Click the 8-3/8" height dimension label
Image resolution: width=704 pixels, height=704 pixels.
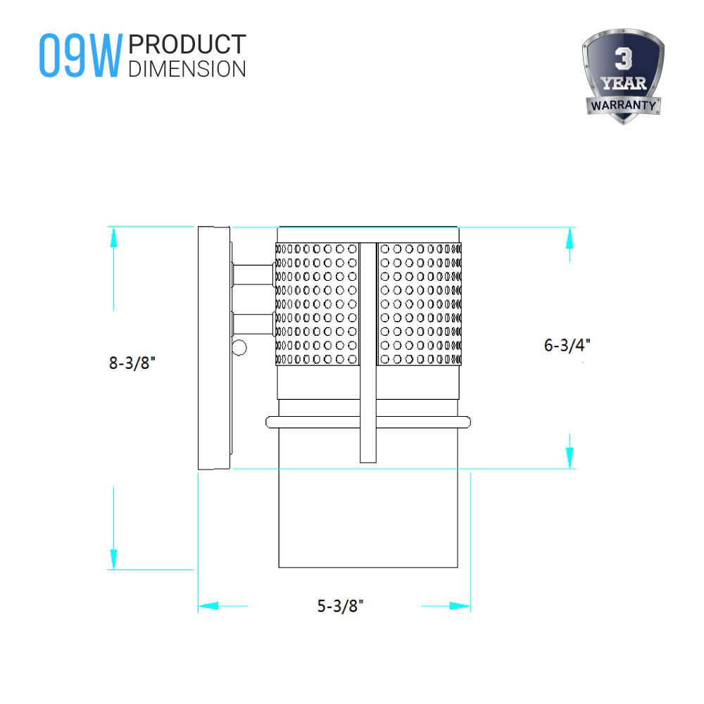pos(132,364)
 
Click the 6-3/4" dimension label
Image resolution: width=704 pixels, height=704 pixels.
pos(567,346)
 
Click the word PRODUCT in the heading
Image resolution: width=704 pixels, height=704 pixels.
pos(188,45)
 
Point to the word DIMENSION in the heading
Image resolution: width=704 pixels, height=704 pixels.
pos(188,68)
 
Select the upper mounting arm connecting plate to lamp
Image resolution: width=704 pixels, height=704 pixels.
pos(253,275)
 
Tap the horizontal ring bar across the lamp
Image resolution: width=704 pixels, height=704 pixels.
pos(367,422)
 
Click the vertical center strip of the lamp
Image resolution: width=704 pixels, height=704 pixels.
pos(367,352)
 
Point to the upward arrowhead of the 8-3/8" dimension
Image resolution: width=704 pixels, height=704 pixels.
pos(112,237)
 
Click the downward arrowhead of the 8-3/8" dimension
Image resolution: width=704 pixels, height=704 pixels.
pos(112,560)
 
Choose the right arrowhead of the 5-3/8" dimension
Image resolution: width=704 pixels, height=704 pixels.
pos(460,605)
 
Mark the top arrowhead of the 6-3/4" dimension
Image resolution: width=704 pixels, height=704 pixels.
pos(568,237)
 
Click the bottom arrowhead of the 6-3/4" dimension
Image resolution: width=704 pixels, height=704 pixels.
pos(568,458)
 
